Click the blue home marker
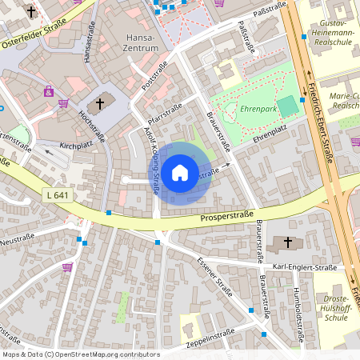pos(180,173)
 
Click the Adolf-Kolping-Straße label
pos(151,159)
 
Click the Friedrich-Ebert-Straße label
pos(320,120)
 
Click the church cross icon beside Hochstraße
pos(100,102)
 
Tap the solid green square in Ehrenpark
pos(287,104)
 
